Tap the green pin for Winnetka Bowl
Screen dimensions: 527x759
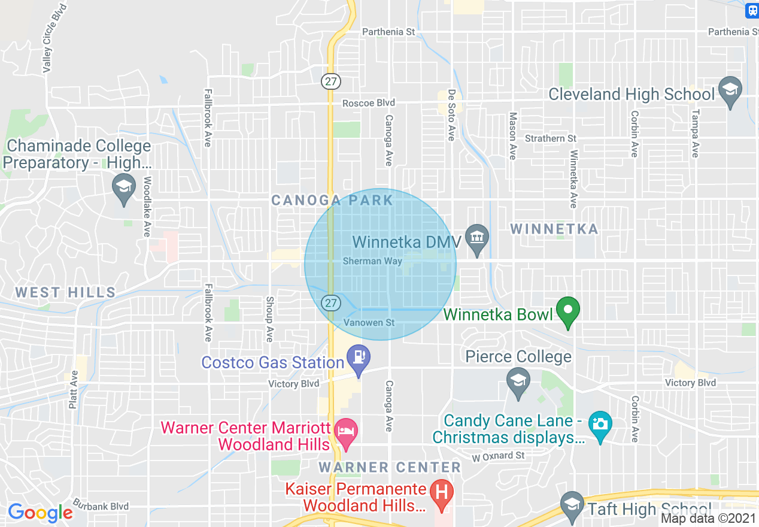568,310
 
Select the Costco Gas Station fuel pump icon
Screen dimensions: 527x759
359,357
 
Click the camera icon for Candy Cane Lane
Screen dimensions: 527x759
599,423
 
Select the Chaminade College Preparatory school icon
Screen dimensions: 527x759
124,186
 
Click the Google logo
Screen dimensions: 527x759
40,513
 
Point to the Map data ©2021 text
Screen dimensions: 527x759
709,519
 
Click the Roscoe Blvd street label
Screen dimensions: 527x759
369,103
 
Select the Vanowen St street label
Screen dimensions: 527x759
369,323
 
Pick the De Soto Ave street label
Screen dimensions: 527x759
451,116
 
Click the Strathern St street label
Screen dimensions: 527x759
550,138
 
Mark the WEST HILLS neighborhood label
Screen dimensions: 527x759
65,293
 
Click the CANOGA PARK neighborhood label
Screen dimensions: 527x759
332,200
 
